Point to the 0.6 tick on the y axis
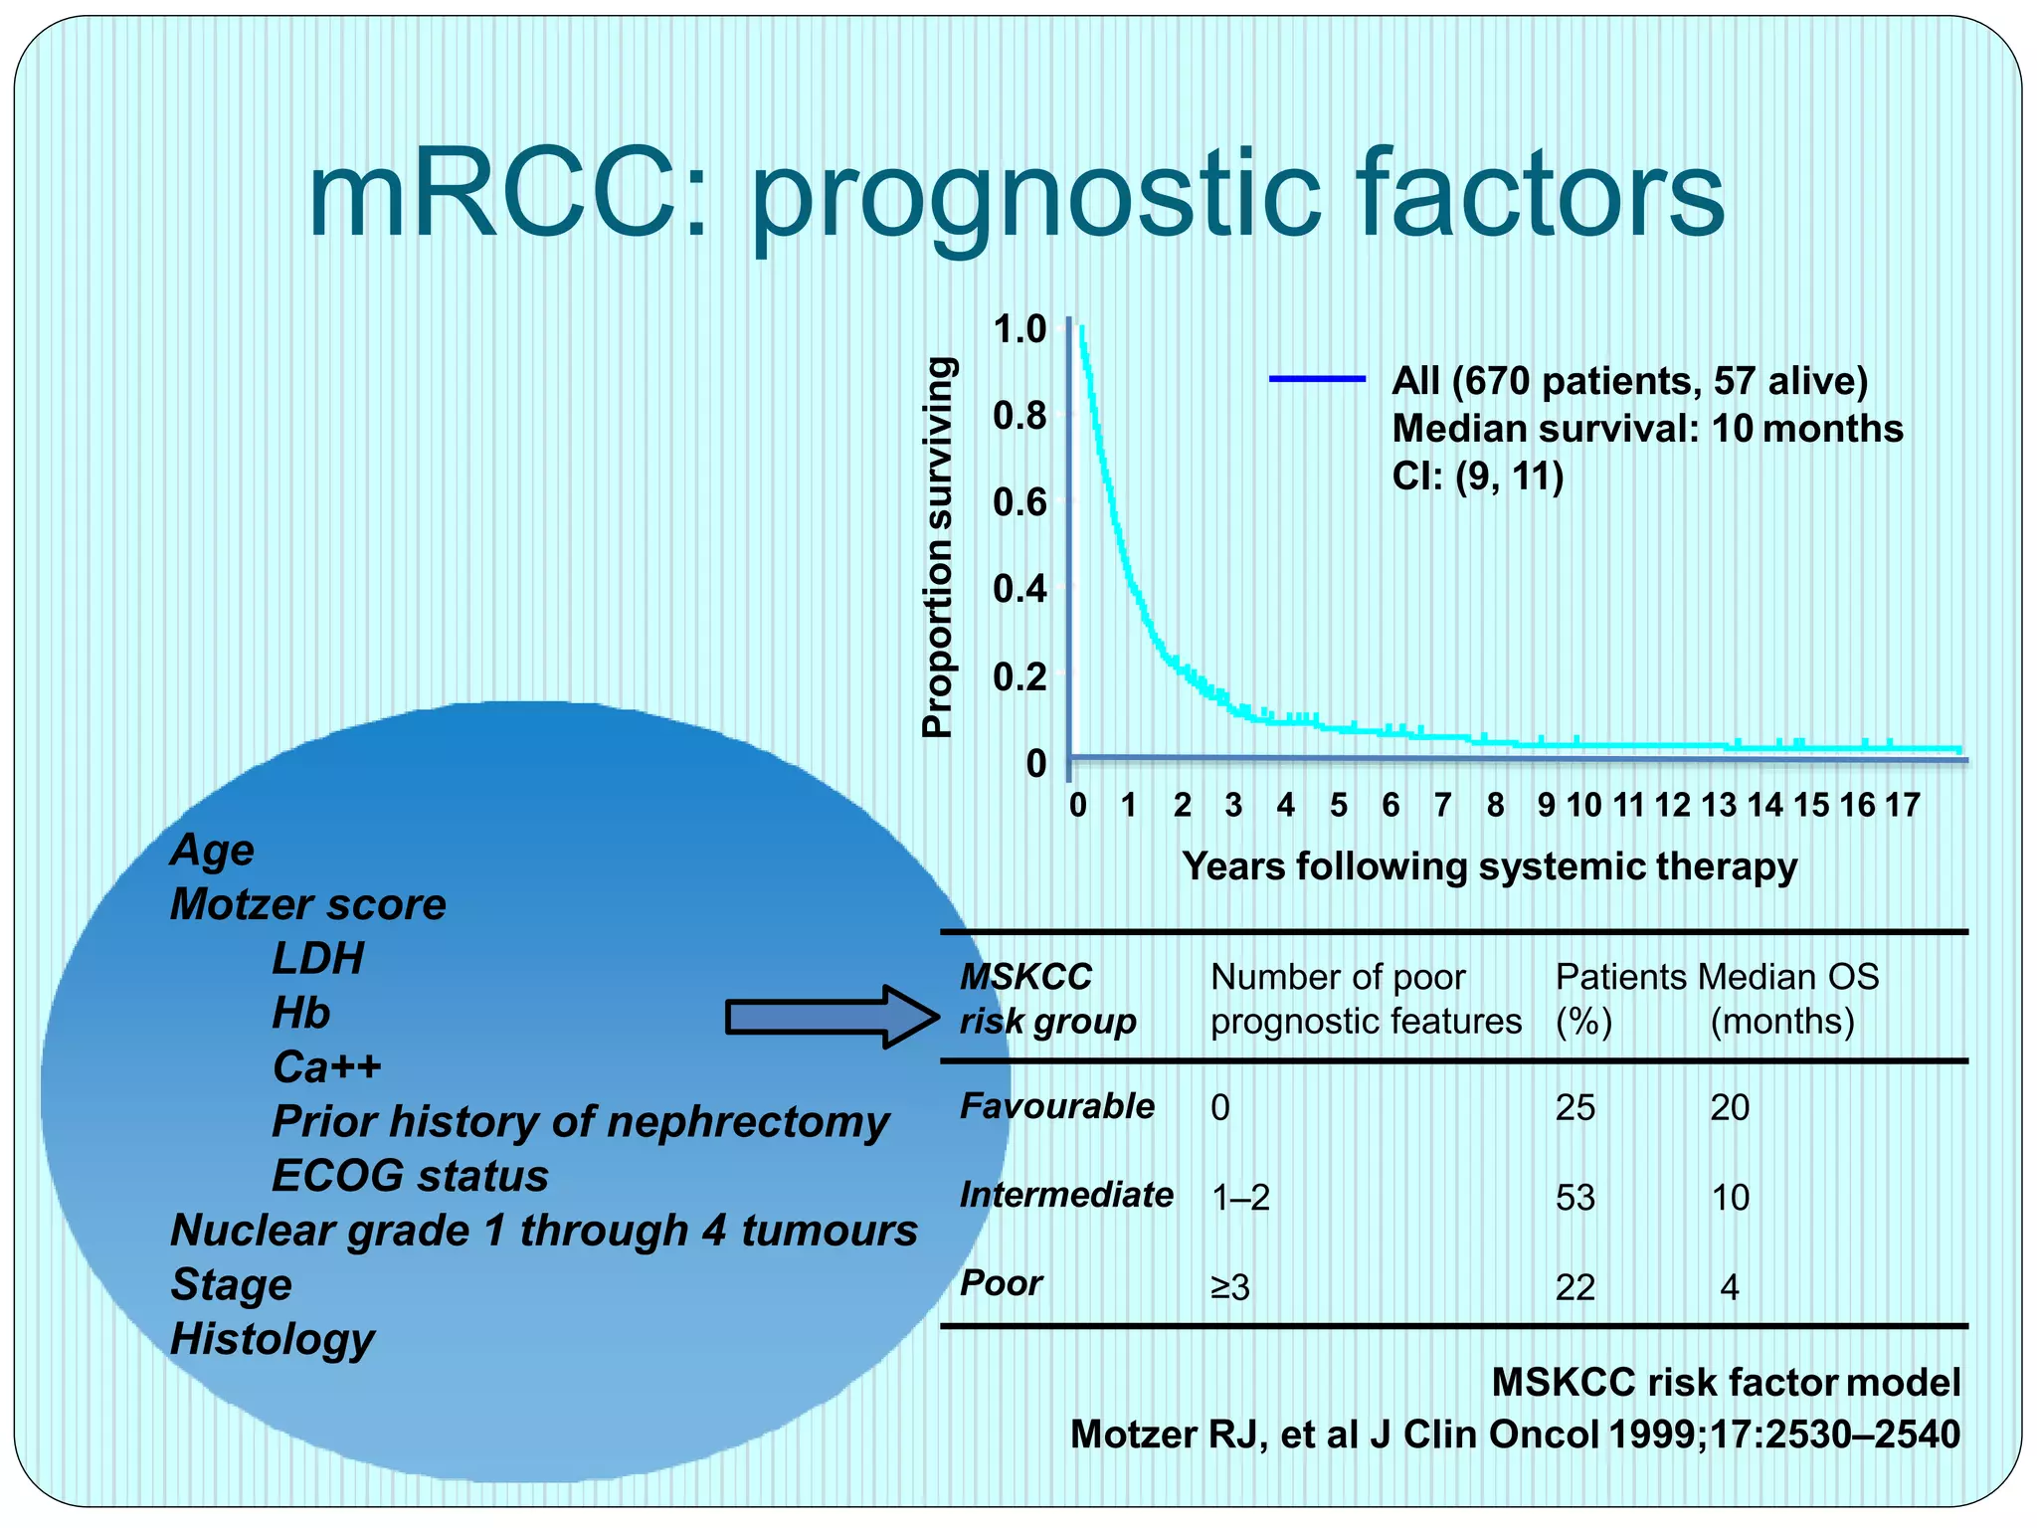coord(1020,502)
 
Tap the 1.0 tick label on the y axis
coord(1020,329)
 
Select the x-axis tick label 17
coord(1902,805)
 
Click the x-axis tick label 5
coord(1338,805)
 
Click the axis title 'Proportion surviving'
coord(938,547)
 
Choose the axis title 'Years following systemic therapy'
coord(1489,866)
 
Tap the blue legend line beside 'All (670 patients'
coord(1317,379)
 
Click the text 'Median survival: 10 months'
coord(1647,429)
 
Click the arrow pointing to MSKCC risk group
coord(831,1017)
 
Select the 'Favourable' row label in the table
coord(1056,1106)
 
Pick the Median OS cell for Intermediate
coord(1730,1198)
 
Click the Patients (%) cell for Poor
coord(1574,1288)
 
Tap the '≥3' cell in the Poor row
coord(1229,1288)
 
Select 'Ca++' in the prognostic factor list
coord(326,1067)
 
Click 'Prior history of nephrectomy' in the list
coord(580,1122)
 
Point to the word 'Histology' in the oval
coord(273,1339)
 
